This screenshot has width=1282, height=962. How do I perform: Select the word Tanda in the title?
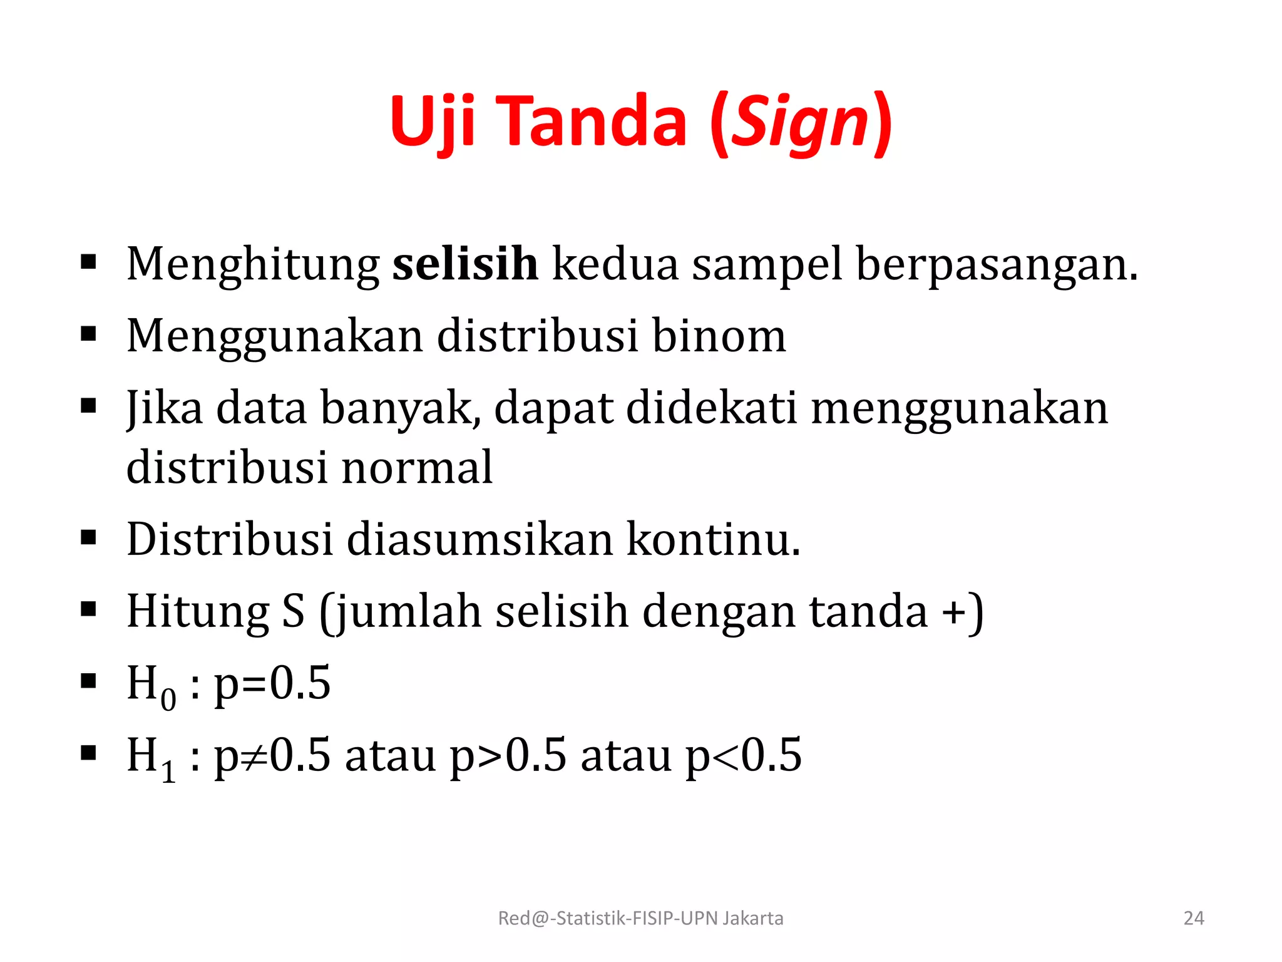point(595,122)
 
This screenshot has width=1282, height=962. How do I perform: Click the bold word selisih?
point(465,264)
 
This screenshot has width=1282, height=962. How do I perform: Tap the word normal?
point(417,467)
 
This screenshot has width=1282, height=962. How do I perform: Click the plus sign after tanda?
point(955,612)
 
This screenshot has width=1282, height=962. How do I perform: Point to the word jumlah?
point(408,612)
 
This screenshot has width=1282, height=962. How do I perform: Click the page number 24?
point(1194,918)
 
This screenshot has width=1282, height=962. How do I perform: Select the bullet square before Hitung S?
point(89,609)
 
